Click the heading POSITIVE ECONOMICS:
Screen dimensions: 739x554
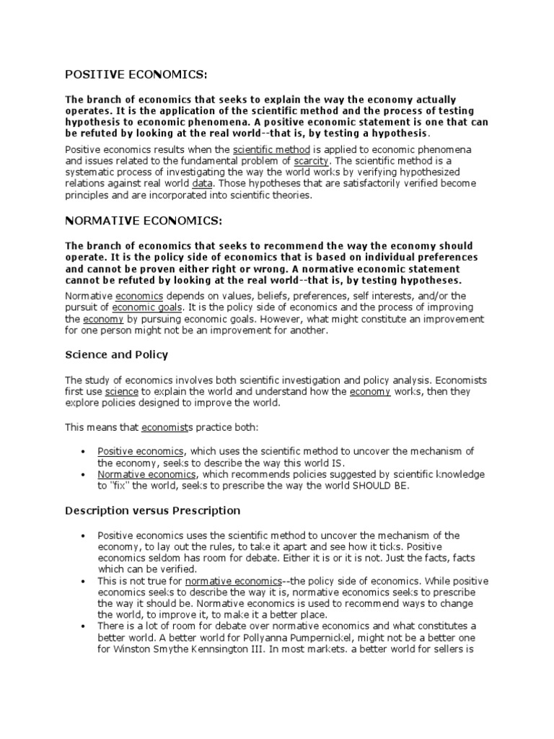coord(136,74)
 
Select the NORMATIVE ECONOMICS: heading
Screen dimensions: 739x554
coord(144,219)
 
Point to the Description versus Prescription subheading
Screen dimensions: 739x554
coord(153,510)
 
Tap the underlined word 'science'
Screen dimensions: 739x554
coord(122,391)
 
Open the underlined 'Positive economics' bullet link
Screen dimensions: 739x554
coord(141,451)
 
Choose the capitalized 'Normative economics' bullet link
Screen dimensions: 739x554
coord(146,474)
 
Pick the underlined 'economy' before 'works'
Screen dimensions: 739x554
coord(369,391)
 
